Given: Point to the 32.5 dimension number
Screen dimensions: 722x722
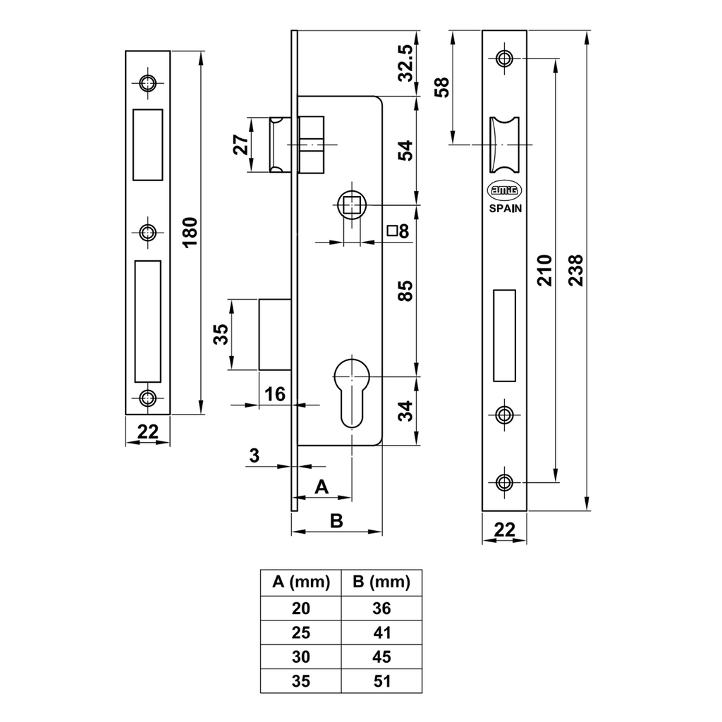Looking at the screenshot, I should [x=405, y=63].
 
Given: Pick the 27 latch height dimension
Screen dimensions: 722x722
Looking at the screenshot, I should [x=241, y=145].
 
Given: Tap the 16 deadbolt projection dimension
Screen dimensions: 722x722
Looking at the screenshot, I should [x=275, y=394].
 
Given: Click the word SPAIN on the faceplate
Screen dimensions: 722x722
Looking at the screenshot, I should [x=505, y=208].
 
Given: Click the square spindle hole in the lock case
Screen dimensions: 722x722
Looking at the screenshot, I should [x=350, y=205].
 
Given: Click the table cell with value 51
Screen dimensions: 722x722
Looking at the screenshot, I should [x=381, y=681].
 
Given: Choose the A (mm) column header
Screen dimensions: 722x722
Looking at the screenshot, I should [x=300, y=582].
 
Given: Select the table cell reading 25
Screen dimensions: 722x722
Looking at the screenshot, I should [x=300, y=632].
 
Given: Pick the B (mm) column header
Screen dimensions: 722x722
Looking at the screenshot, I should [x=381, y=582].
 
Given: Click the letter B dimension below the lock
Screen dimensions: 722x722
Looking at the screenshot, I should [x=336, y=520].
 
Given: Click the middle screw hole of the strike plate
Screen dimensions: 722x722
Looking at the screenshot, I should [x=147, y=232].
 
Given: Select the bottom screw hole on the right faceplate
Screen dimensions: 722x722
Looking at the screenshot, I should [x=504, y=482].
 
